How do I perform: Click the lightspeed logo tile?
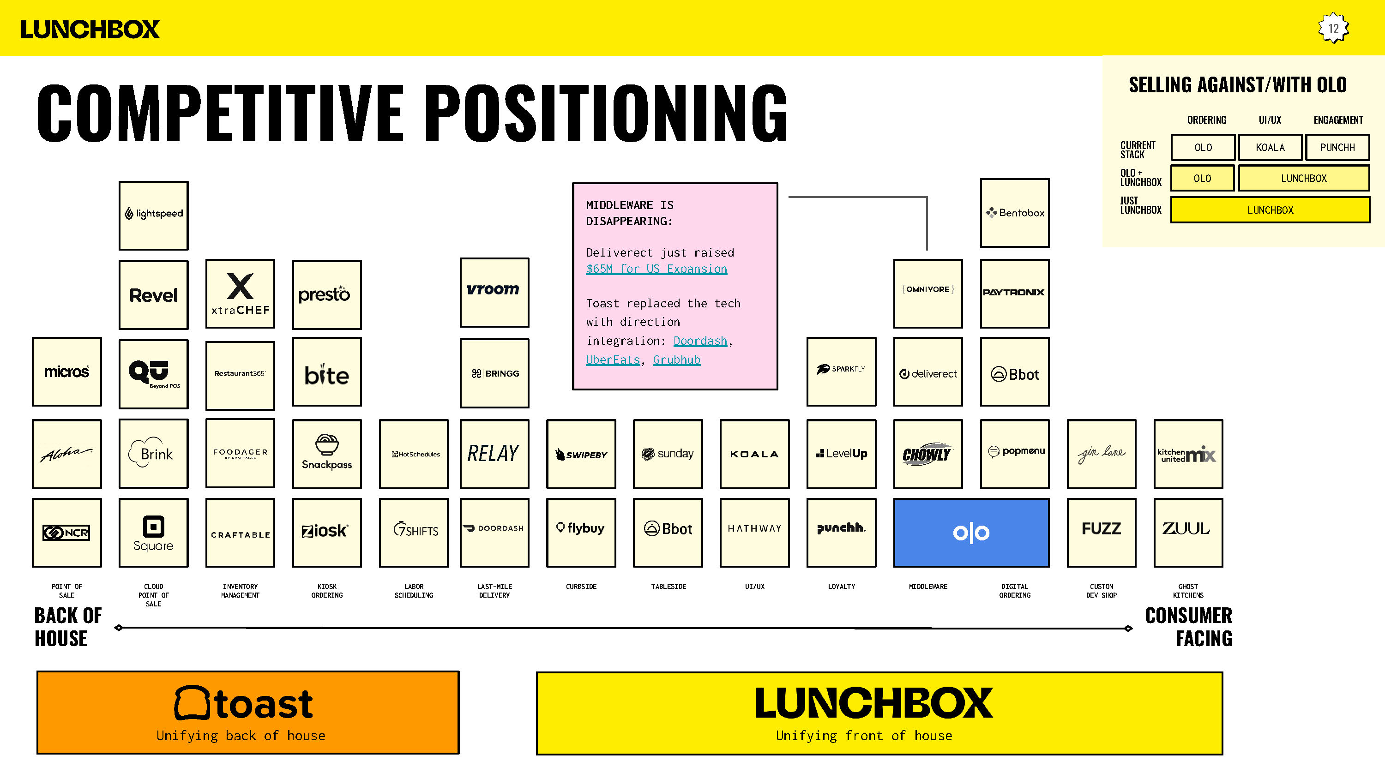pos(153,215)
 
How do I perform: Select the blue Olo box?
pos(970,532)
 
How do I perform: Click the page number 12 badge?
pos(1333,29)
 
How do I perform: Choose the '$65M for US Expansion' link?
pos(656,269)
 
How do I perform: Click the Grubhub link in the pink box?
pos(676,360)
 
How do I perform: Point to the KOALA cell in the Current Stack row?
pos(1270,147)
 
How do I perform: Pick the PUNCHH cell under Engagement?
pos(1337,147)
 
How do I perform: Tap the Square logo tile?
pos(153,532)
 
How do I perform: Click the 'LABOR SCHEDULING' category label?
pos(414,590)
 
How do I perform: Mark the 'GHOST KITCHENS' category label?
pos(1188,590)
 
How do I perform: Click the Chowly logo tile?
pos(927,454)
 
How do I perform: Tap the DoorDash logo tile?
pos(494,532)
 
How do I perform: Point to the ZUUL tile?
pos(1188,532)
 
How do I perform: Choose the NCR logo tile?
pos(66,532)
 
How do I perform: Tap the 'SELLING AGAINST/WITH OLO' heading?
pos(1237,85)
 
